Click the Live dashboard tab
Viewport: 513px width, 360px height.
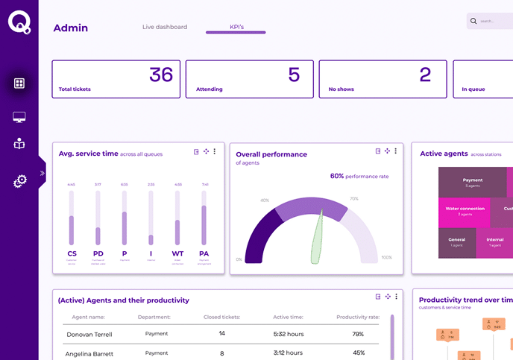coord(165,27)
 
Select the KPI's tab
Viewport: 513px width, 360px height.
coord(236,27)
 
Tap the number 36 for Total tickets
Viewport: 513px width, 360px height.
coord(161,75)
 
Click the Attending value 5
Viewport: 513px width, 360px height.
coord(294,75)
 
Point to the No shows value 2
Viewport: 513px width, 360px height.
coord(425,75)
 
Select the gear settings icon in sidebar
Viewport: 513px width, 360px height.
coord(20,180)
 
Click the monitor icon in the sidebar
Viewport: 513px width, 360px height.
coord(19,117)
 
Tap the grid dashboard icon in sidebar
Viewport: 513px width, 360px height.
coord(19,83)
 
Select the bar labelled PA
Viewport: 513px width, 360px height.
coord(204,218)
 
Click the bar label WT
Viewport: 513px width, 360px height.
coord(177,253)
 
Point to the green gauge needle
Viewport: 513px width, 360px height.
coord(318,237)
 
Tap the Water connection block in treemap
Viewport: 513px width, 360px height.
coord(465,211)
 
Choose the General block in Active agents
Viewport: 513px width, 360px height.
coord(457,242)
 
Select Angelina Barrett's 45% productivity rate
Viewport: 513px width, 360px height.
coord(358,353)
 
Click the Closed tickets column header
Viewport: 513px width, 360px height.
coord(221,317)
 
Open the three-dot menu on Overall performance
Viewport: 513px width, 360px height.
coord(396,151)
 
